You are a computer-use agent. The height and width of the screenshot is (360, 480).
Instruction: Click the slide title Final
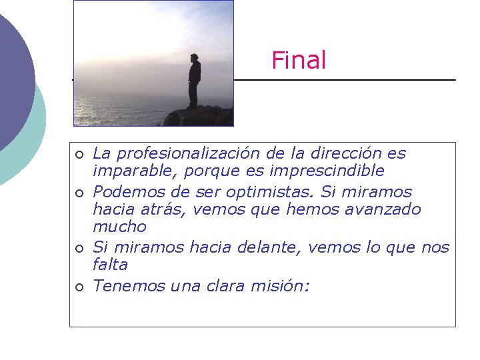[x=299, y=61]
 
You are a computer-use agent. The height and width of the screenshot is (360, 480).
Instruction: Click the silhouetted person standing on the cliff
[x=194, y=81]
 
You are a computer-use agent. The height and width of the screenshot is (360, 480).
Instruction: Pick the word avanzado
[x=388, y=209]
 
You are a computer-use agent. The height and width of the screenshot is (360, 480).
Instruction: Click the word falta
[x=110, y=265]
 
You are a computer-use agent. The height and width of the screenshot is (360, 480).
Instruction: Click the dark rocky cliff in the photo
[x=201, y=117]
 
